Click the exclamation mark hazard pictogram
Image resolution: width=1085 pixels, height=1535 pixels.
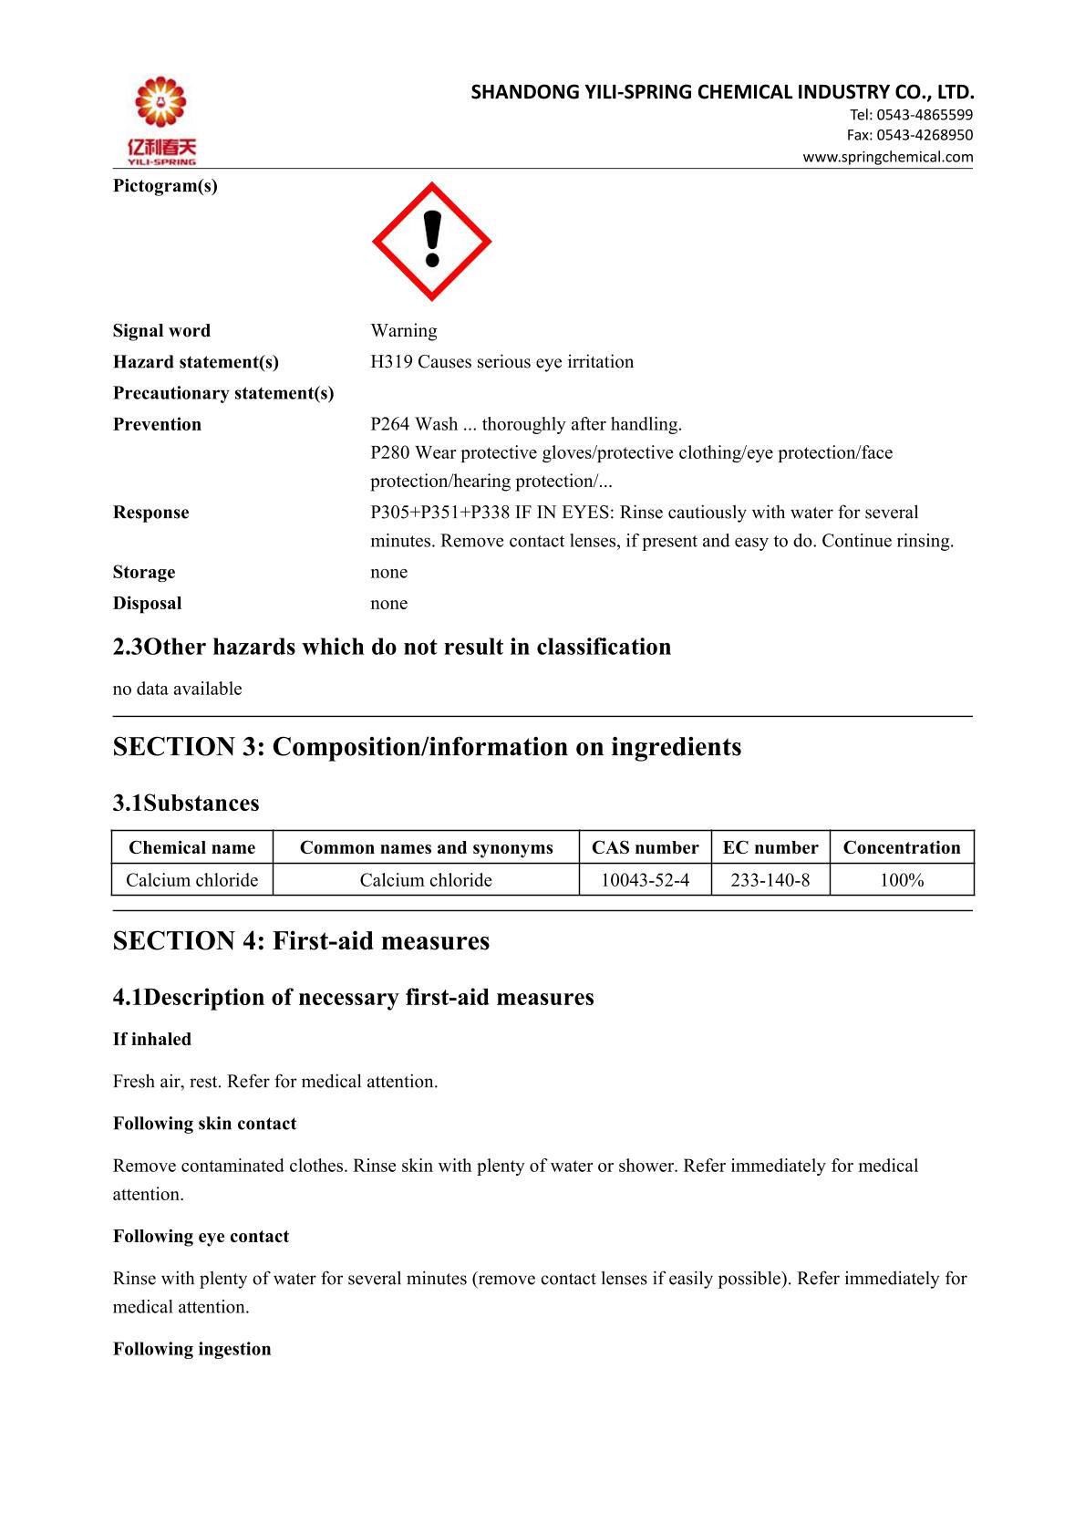point(431,242)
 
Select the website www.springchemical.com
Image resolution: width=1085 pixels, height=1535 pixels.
point(887,157)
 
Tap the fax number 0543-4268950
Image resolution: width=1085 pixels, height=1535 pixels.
point(925,135)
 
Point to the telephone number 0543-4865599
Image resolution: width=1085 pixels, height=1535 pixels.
point(925,115)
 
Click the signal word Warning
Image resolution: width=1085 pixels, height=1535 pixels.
point(403,330)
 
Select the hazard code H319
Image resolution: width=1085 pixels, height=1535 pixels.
point(391,362)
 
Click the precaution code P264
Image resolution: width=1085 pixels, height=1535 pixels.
point(390,424)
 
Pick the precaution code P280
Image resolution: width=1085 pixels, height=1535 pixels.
point(390,452)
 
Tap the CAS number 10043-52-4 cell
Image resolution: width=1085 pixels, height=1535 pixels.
point(645,880)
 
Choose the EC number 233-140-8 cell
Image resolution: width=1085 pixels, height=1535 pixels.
point(770,880)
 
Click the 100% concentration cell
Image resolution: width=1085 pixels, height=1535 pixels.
point(902,880)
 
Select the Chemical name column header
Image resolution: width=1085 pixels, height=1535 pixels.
point(191,847)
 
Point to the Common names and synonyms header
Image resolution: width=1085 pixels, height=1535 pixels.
point(426,847)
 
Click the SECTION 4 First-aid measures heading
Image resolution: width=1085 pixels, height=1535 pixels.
point(301,941)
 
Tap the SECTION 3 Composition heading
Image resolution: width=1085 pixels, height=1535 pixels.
point(427,747)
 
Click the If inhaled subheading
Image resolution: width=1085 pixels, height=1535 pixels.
point(152,1040)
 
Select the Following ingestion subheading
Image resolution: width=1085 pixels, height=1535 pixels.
point(191,1349)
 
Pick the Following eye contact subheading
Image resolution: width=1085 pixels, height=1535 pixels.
point(201,1237)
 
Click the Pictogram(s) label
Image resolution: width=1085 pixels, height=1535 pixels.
point(165,186)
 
